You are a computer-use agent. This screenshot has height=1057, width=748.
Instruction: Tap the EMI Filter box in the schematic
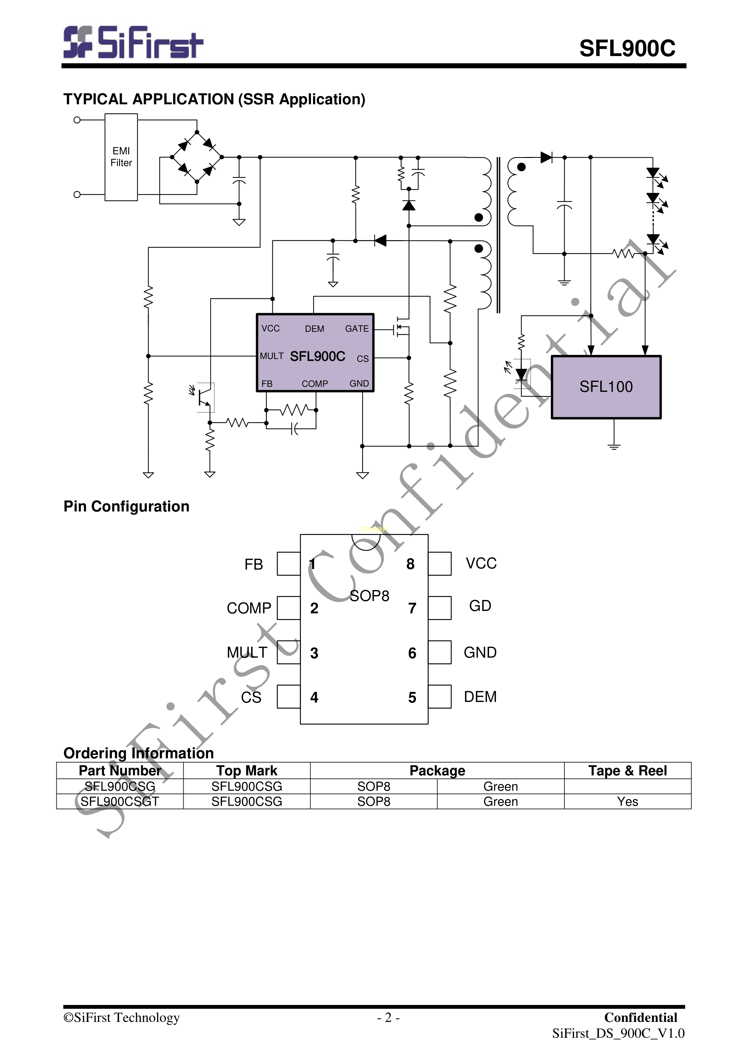click(x=121, y=157)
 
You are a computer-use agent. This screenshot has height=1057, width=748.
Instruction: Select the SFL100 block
click(x=606, y=387)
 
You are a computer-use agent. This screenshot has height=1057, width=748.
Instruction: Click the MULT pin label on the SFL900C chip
click(x=271, y=356)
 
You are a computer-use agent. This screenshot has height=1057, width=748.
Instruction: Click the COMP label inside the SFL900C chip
click(x=314, y=383)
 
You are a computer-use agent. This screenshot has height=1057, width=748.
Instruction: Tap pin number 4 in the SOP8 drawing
click(x=314, y=697)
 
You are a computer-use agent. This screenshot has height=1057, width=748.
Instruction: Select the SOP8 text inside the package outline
click(x=369, y=596)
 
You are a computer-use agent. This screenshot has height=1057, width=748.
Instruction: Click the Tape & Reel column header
click(x=627, y=771)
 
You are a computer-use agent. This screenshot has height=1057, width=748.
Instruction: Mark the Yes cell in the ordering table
click(x=627, y=801)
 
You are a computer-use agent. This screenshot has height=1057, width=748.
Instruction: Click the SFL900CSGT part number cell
click(x=120, y=801)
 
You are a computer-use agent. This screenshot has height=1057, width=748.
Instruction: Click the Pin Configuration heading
click(x=126, y=506)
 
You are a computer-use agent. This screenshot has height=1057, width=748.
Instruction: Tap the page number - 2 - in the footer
click(x=388, y=1018)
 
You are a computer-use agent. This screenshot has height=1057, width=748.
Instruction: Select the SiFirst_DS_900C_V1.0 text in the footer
click(x=618, y=1033)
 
